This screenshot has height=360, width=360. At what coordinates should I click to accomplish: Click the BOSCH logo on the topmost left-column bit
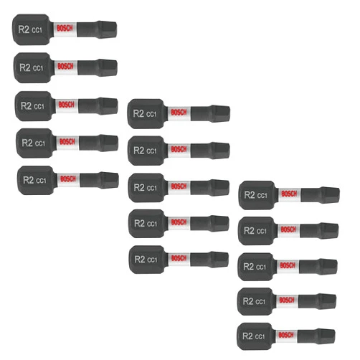click(x=65, y=29)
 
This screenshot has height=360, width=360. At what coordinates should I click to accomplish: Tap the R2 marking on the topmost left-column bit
click(x=24, y=29)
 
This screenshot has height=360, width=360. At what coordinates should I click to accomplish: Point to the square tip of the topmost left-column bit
click(x=107, y=29)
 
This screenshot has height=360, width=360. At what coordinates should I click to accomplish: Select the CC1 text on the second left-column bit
click(x=38, y=68)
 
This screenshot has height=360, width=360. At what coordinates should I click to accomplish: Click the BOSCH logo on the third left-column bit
click(x=67, y=105)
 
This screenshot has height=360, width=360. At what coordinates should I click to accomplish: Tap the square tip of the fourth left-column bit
click(x=109, y=143)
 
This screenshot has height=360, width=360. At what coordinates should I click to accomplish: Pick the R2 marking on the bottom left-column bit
click(x=29, y=180)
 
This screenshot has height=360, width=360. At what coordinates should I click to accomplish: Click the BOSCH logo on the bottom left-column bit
click(x=68, y=179)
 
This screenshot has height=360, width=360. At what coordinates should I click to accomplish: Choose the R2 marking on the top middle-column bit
click(x=138, y=113)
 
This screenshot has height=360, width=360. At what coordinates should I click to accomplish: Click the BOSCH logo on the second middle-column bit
click(x=179, y=149)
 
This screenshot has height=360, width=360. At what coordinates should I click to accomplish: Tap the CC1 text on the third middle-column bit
click(x=152, y=188)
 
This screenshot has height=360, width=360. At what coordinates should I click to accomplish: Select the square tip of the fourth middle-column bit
click(x=219, y=224)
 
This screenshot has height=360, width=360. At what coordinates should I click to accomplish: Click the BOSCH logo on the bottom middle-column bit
click(x=179, y=258)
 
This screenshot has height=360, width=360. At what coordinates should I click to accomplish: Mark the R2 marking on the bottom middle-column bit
click(x=140, y=259)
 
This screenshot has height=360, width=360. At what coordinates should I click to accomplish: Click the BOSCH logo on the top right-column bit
click(x=289, y=194)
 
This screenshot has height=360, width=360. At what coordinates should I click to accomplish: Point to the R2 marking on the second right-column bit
click(x=249, y=231)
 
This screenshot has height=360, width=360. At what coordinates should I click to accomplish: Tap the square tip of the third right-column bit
click(x=328, y=267)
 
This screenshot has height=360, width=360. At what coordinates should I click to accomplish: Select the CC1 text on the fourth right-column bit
click(x=260, y=302)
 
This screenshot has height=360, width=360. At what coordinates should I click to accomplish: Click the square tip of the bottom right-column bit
click(x=326, y=336)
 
